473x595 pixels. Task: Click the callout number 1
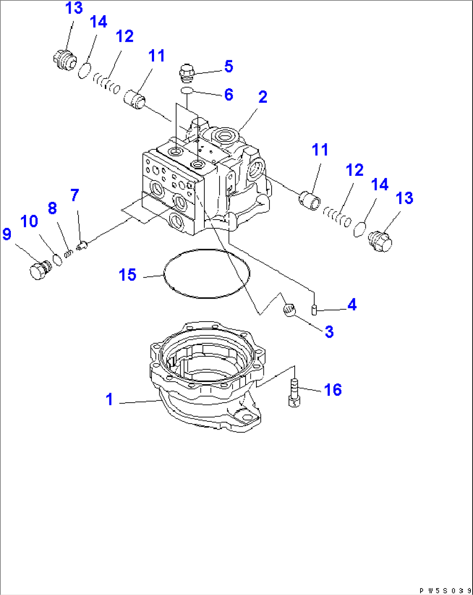point(109,399)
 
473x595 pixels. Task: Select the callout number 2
point(263,97)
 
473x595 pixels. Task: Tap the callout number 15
point(128,275)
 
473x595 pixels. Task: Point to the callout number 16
point(333,390)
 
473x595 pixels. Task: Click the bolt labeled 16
point(294,393)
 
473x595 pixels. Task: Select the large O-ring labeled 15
point(207,273)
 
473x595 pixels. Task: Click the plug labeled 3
point(289,310)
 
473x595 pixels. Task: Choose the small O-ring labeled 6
point(187,90)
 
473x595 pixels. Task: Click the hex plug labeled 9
point(39,270)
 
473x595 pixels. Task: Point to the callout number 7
point(75,195)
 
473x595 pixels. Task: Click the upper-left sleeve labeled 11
point(135,99)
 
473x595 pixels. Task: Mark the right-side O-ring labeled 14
point(359,229)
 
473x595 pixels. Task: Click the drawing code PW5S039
point(445,590)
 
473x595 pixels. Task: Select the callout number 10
point(29,222)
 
